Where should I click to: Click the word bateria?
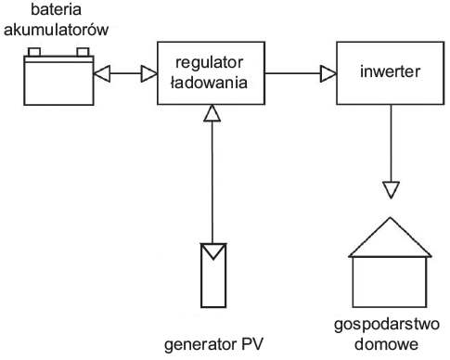tap(56, 9)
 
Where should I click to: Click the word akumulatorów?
tap(56, 30)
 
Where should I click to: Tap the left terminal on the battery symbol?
tap(34, 52)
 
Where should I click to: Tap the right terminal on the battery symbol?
tap(83, 52)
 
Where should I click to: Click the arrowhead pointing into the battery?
tap(102, 73)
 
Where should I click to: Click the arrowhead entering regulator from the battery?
tap(149, 73)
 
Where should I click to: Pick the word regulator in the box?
tap(210, 63)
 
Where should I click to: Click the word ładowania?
tap(210, 83)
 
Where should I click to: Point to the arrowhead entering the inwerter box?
tap(328, 73)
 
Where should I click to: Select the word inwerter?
tap(390, 71)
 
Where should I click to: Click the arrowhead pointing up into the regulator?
tap(212, 113)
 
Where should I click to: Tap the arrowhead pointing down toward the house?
tap(391, 189)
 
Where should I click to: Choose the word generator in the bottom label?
tap(198, 345)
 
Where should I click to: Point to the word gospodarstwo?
tap(387, 325)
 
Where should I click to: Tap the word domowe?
tap(386, 344)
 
